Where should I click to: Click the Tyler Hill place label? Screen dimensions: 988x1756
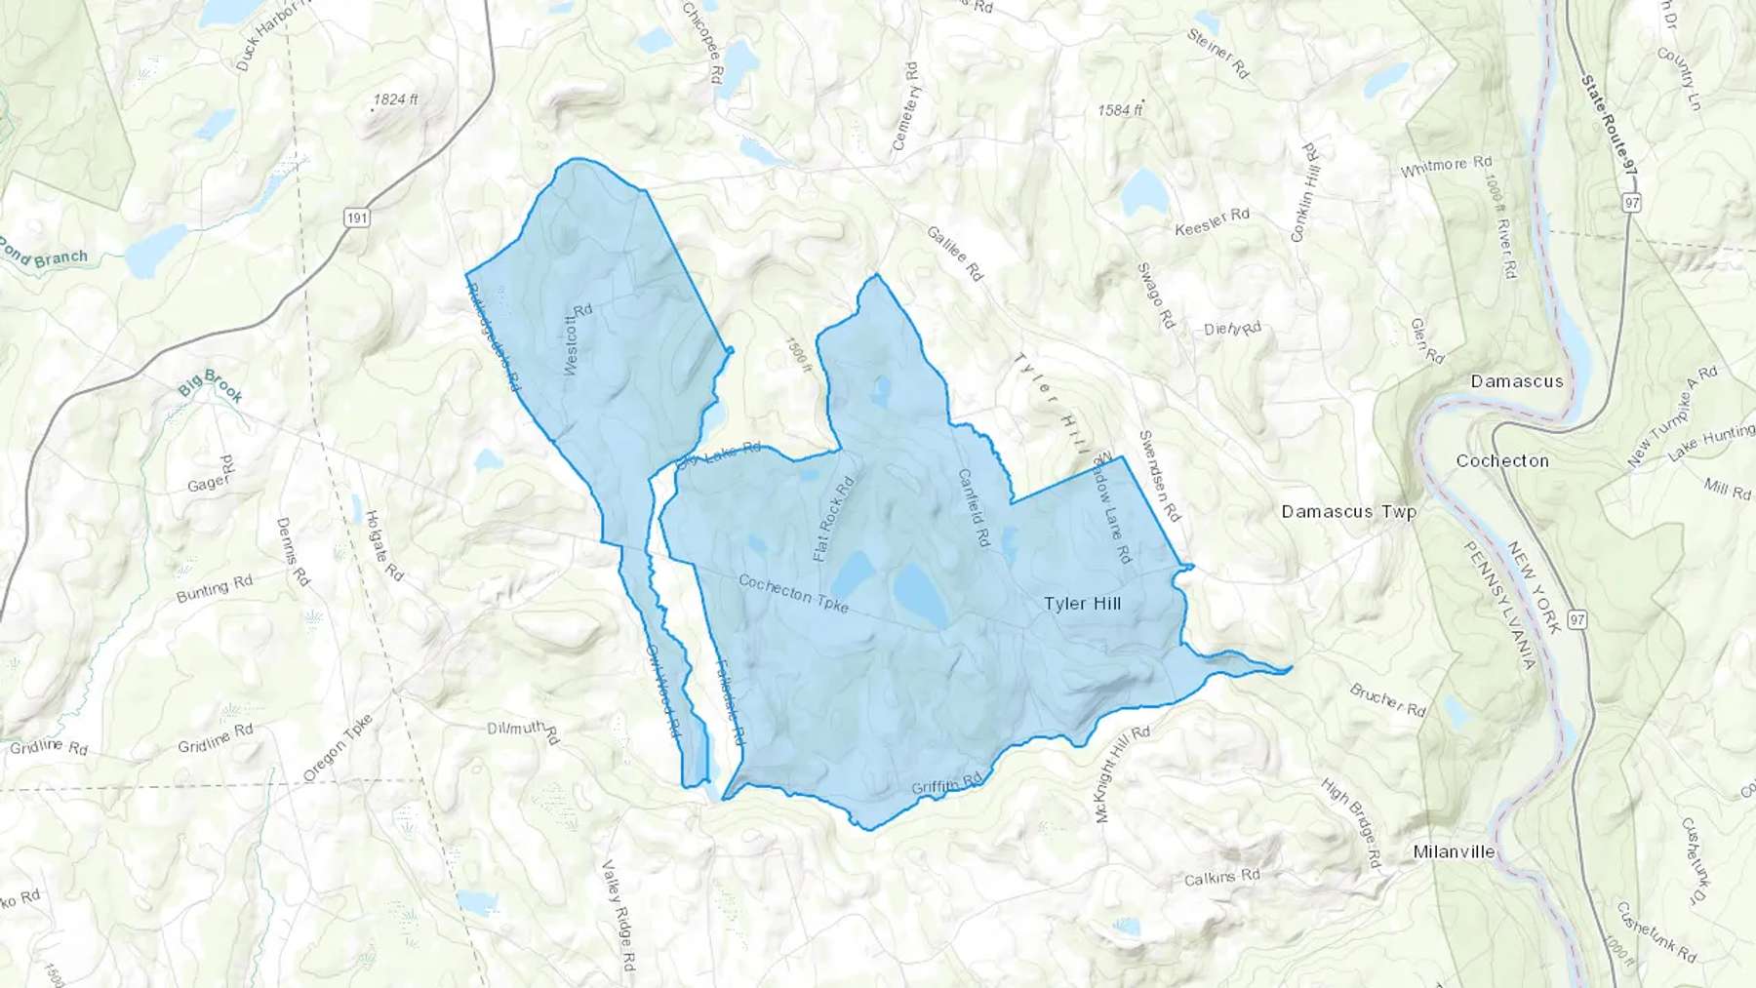1082,604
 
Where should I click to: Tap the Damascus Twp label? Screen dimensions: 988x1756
1348,511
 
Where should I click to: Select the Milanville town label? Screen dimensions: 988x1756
1454,851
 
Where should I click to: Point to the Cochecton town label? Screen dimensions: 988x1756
1501,460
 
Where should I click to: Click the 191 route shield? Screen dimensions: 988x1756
357,217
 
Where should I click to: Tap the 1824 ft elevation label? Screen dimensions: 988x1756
395,99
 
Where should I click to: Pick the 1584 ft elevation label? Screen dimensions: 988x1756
1119,110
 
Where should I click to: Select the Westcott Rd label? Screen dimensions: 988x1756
579,339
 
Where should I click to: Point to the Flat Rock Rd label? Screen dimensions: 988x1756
834,519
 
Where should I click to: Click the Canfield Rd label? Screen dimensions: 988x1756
974,508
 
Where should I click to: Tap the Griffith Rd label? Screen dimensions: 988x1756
946,785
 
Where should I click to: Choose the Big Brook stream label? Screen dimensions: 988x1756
210,386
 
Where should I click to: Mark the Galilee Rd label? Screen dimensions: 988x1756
954,254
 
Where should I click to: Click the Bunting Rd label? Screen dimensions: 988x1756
214,589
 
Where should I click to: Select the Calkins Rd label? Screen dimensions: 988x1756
1221,878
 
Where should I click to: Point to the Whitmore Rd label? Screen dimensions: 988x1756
1446,167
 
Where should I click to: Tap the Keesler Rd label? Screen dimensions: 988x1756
1212,221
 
